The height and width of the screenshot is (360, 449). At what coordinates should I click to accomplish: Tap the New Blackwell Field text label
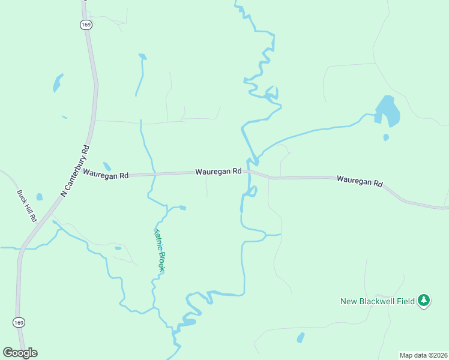378,301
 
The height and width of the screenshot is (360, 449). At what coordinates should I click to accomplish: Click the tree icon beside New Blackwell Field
424,300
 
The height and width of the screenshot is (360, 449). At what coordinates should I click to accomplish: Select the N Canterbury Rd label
76,170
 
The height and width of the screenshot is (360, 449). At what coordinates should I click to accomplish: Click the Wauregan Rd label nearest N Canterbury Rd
106,175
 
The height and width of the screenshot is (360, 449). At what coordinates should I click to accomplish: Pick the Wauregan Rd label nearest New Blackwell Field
360,180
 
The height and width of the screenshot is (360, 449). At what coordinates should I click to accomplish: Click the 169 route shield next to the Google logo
19,323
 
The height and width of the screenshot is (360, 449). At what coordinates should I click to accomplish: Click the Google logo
20,353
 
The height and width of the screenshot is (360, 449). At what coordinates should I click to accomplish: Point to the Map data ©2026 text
423,355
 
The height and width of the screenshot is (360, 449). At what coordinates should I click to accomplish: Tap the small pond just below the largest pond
386,137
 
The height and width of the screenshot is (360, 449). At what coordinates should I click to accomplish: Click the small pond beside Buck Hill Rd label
40,197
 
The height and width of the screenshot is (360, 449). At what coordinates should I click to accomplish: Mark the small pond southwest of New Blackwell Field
300,338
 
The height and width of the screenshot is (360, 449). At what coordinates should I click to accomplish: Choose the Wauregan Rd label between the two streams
218,172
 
